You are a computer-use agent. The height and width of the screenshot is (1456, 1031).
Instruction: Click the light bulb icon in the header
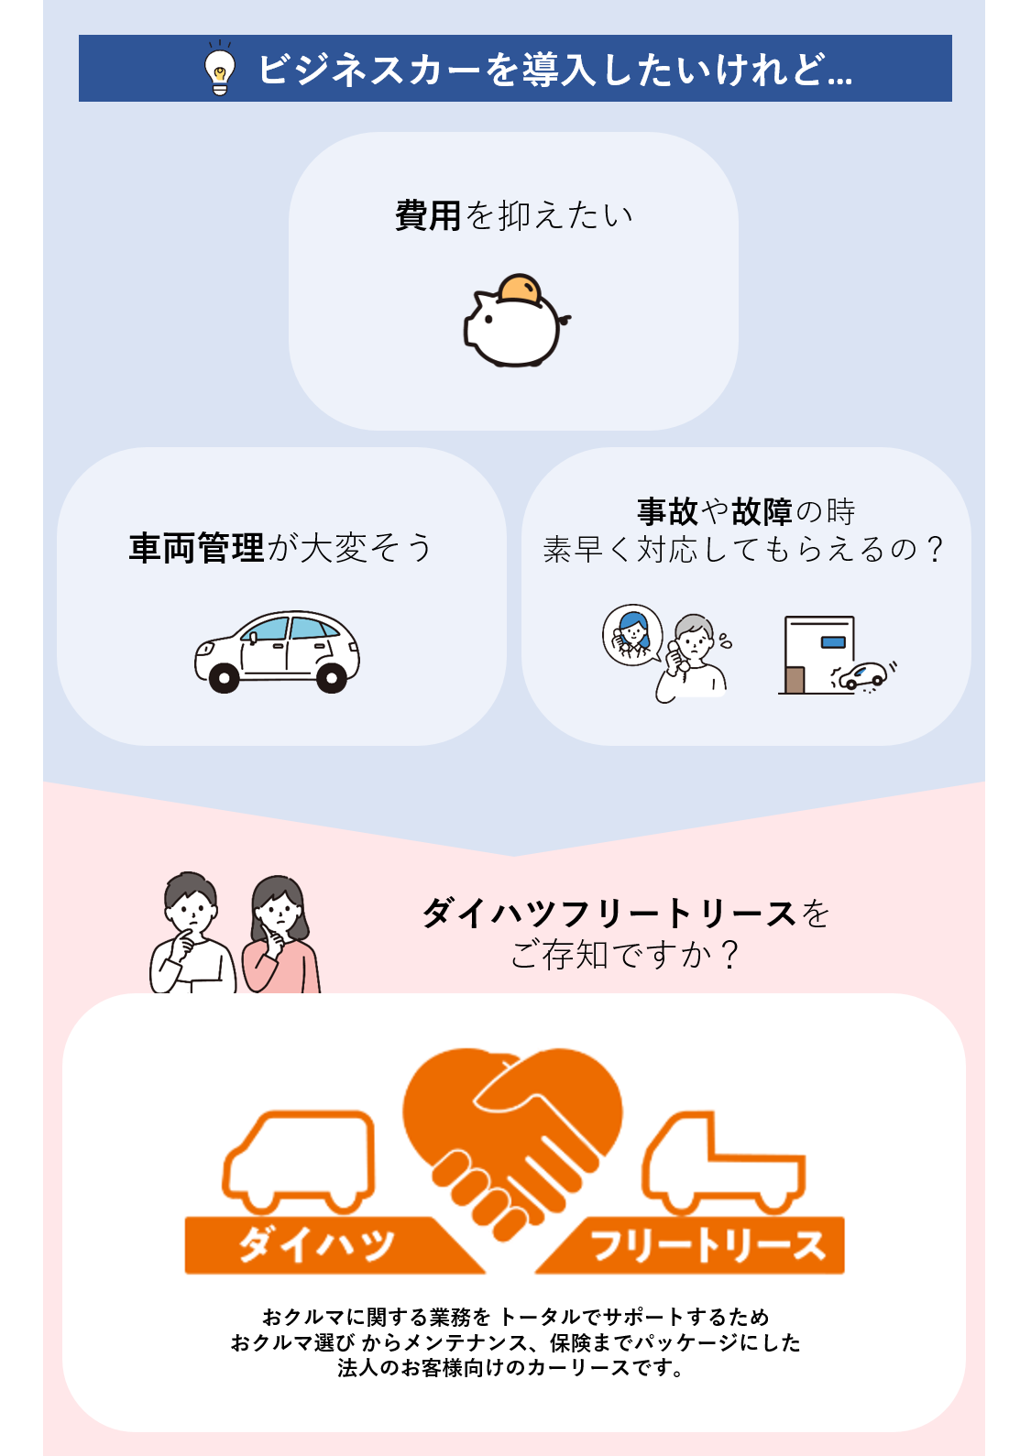point(219,70)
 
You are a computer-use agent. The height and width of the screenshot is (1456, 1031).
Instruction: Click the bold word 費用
point(428,216)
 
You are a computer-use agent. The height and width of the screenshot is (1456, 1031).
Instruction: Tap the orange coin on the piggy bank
point(520,288)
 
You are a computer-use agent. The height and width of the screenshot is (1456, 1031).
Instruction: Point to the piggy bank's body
point(515,330)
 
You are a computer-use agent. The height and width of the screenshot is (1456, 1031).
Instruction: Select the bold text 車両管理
point(197,548)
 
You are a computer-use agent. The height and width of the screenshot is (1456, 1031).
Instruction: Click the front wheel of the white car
point(224,677)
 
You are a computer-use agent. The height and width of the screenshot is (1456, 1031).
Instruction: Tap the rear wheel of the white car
point(331,677)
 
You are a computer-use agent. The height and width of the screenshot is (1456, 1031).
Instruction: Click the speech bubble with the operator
point(632,633)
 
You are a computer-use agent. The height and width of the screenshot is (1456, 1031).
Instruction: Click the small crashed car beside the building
point(861,676)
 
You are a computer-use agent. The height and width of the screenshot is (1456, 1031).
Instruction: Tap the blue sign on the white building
point(833,641)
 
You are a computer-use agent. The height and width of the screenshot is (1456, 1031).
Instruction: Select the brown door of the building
point(795,679)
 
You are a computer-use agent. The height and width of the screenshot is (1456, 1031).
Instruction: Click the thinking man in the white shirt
point(192,935)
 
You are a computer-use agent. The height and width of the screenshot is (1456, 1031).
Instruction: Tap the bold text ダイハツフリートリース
point(609,914)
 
